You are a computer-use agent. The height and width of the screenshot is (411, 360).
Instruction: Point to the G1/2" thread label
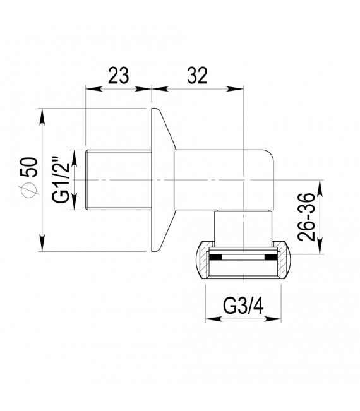tap(61, 180)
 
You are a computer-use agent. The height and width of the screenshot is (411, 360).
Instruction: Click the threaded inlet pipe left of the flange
tap(117, 179)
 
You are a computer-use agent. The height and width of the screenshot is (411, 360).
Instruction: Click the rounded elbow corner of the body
tap(265, 161)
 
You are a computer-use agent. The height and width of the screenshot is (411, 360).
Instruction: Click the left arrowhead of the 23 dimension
tap(88, 88)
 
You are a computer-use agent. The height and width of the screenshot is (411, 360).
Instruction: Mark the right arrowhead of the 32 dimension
tap(241, 88)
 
